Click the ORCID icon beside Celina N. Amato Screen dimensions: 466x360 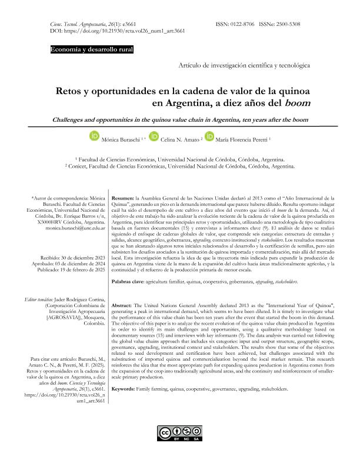(154, 137)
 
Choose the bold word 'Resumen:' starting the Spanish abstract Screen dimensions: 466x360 (122, 199)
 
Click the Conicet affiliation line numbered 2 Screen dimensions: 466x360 (179, 167)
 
